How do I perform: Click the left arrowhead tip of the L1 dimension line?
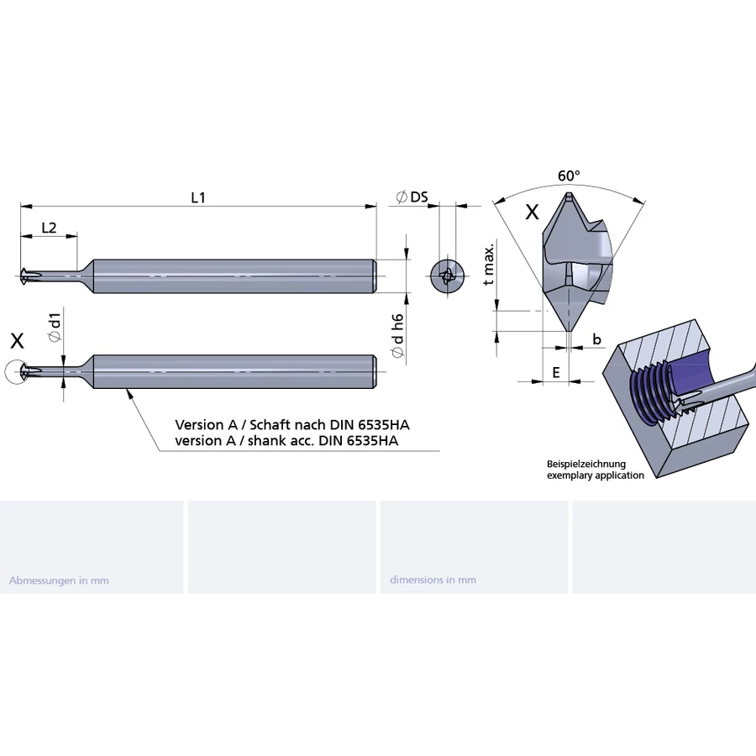tap(21, 207)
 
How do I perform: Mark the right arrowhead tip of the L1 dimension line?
tap(376, 207)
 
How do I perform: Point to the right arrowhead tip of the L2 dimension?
tap(76, 236)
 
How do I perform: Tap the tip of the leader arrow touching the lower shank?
tap(127, 389)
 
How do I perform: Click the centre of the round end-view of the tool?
tap(448, 276)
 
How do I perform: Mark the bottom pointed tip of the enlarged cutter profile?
tap(569, 332)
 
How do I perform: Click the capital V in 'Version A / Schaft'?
tap(181, 425)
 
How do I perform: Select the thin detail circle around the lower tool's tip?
tap(17, 372)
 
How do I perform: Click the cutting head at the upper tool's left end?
tap(25, 276)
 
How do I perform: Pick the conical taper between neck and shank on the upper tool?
tap(86, 276)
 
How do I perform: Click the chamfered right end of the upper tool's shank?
tap(374, 276)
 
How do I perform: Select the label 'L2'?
tap(50, 228)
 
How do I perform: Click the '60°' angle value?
tap(569, 176)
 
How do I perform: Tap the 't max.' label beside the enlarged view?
tap(489, 265)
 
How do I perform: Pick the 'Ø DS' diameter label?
tap(412, 197)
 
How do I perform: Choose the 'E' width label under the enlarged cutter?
tap(556, 372)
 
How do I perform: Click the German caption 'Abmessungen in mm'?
tap(59, 580)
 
